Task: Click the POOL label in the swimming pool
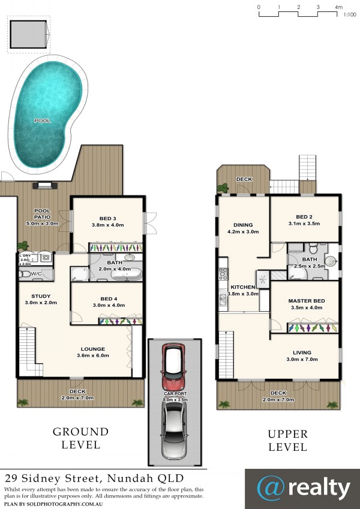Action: pos(43,121)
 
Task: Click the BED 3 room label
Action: pos(107,218)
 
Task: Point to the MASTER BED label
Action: pos(307,301)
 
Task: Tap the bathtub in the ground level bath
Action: pos(127,275)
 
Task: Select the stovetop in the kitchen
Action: pos(223,273)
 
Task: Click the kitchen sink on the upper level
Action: pos(223,299)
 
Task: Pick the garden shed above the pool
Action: pos(29,34)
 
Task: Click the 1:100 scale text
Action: pos(350,14)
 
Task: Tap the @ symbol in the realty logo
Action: pos(271,489)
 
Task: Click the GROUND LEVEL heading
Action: pos(80,438)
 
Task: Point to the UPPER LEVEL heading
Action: pos(287,441)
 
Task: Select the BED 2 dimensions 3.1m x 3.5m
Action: pos(304,224)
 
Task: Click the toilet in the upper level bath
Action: pos(313,248)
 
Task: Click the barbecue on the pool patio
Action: pos(44,185)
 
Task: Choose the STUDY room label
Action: pos(41,296)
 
